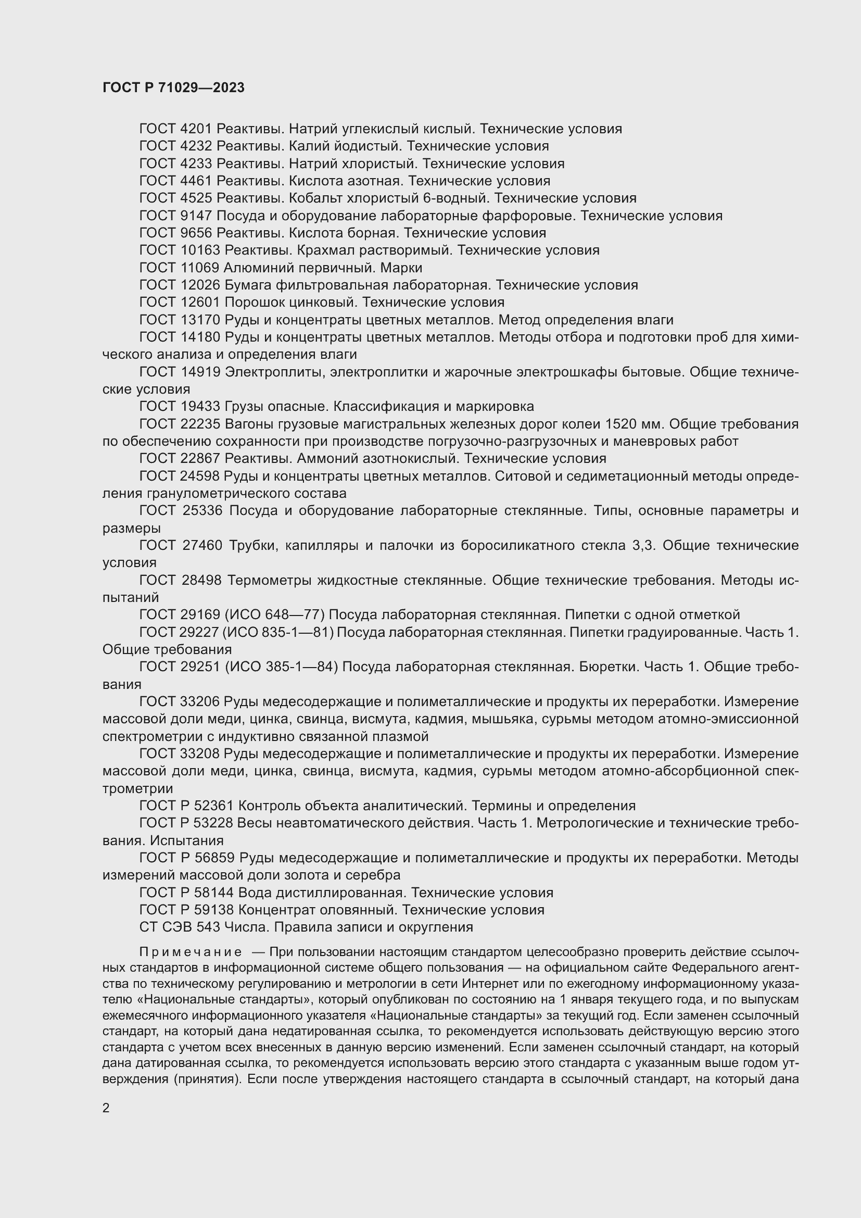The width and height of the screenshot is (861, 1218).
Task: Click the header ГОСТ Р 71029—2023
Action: (x=173, y=87)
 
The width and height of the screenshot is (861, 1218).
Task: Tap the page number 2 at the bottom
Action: (x=106, y=1108)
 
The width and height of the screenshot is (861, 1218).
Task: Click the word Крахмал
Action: (x=322, y=250)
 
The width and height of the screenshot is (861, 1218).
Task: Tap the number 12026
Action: (x=199, y=285)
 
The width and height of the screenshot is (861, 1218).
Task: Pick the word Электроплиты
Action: (x=275, y=372)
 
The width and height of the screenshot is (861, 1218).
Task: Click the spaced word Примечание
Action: (x=191, y=952)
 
